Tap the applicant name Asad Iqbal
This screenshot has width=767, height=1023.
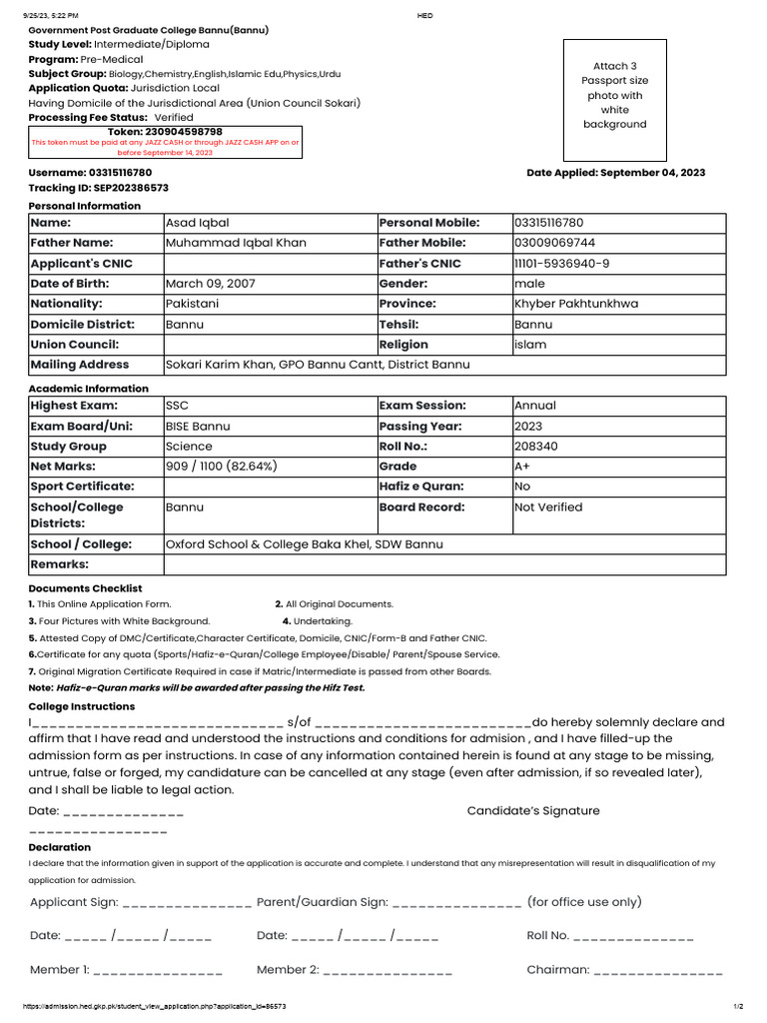tap(197, 223)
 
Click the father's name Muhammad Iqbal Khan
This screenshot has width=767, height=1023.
tap(236, 243)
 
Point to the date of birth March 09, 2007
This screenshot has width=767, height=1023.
tap(210, 284)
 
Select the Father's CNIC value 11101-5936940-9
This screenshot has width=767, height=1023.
tap(561, 264)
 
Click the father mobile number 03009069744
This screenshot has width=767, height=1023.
tap(554, 243)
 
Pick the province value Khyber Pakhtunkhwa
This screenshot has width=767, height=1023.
tap(576, 304)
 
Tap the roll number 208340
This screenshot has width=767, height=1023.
tap(536, 447)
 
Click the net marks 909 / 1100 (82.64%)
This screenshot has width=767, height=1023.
tap(221, 467)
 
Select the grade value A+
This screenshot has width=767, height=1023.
tap(522, 467)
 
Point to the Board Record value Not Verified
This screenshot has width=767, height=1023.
tap(548, 508)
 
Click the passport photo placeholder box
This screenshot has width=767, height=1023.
tap(615, 100)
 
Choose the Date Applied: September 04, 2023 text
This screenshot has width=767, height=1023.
tap(615, 173)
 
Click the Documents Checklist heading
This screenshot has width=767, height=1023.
tap(85, 589)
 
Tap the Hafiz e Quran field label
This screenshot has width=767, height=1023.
tap(421, 487)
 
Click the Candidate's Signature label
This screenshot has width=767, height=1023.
tap(533, 811)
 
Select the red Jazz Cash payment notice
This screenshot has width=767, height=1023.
tap(165, 148)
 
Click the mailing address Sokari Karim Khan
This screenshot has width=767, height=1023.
tap(317, 365)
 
